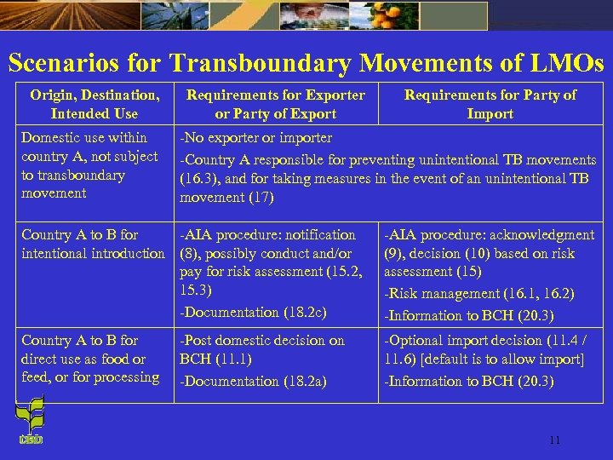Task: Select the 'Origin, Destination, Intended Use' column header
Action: (x=94, y=104)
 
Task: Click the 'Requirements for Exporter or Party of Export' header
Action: (x=275, y=104)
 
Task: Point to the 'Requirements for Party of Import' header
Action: (x=490, y=104)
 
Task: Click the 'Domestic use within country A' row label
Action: (x=89, y=165)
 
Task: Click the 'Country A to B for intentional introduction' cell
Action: (x=93, y=244)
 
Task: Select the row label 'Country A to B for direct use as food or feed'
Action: (x=90, y=359)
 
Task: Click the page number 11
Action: (x=555, y=440)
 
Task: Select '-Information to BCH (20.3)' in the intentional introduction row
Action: (x=469, y=315)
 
